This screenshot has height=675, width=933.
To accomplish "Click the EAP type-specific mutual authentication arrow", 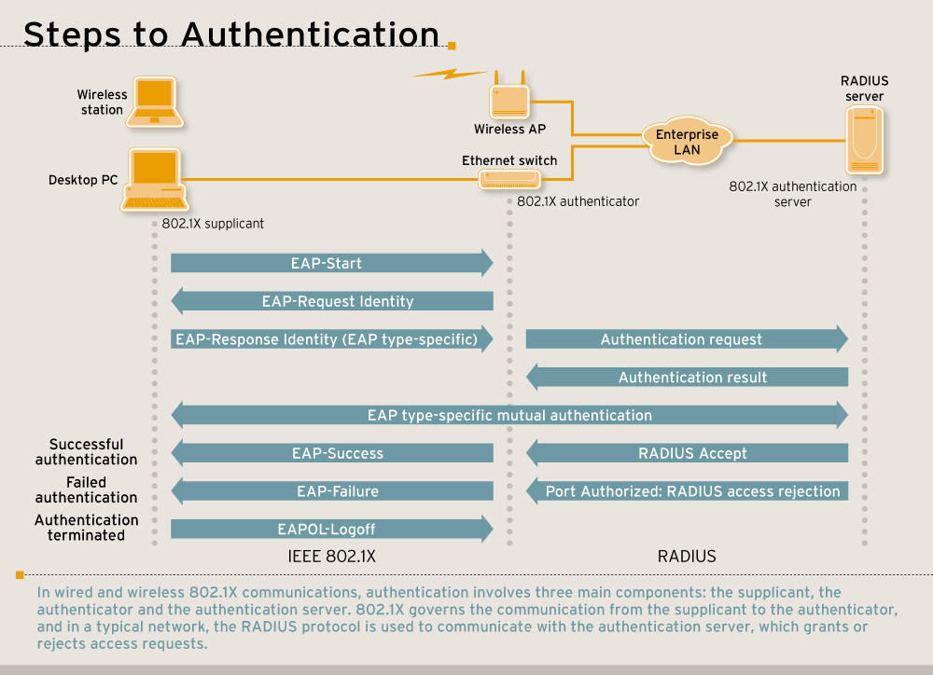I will tap(509, 415).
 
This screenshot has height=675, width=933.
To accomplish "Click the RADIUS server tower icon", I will tap(865, 140).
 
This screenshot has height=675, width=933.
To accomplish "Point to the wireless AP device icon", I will tap(508, 99).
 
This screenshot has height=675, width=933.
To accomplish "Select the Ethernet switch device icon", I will tap(509, 179).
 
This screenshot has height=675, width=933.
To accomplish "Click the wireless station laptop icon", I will tap(155, 102).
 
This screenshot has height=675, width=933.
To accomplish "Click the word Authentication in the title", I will tap(311, 34).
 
